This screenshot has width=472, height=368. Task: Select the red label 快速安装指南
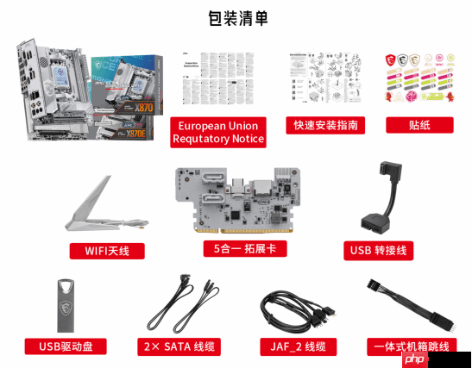[x=324, y=124]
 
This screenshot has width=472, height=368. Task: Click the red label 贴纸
[x=419, y=124]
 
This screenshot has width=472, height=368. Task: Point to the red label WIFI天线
[x=107, y=251]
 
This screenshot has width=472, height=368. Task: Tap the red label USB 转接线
[x=378, y=251]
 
